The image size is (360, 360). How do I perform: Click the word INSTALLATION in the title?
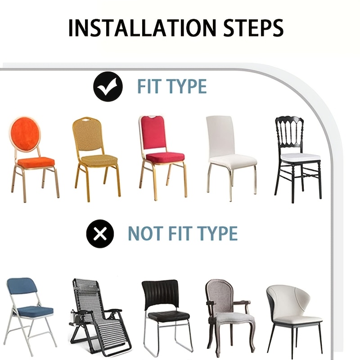pos(142,28)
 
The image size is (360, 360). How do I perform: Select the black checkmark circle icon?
pos(108,86)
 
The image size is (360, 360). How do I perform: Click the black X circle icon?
pos(100,234)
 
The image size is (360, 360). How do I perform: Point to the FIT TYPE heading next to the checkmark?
pos(172,86)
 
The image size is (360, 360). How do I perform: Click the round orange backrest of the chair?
pos(25,134)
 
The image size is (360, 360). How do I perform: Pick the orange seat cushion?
pos(36,162)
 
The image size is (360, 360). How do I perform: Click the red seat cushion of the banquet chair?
pos(165,157)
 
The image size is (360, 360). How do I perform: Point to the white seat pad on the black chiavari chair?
pos(300,157)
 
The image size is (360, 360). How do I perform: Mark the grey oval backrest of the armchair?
pos(220,294)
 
